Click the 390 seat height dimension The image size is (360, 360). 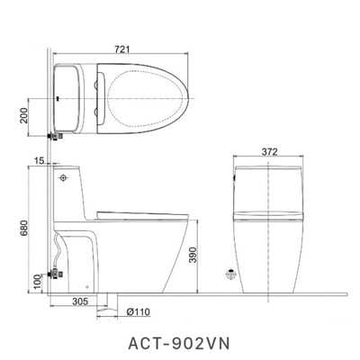point(204,256)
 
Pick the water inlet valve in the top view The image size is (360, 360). point(53,136)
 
